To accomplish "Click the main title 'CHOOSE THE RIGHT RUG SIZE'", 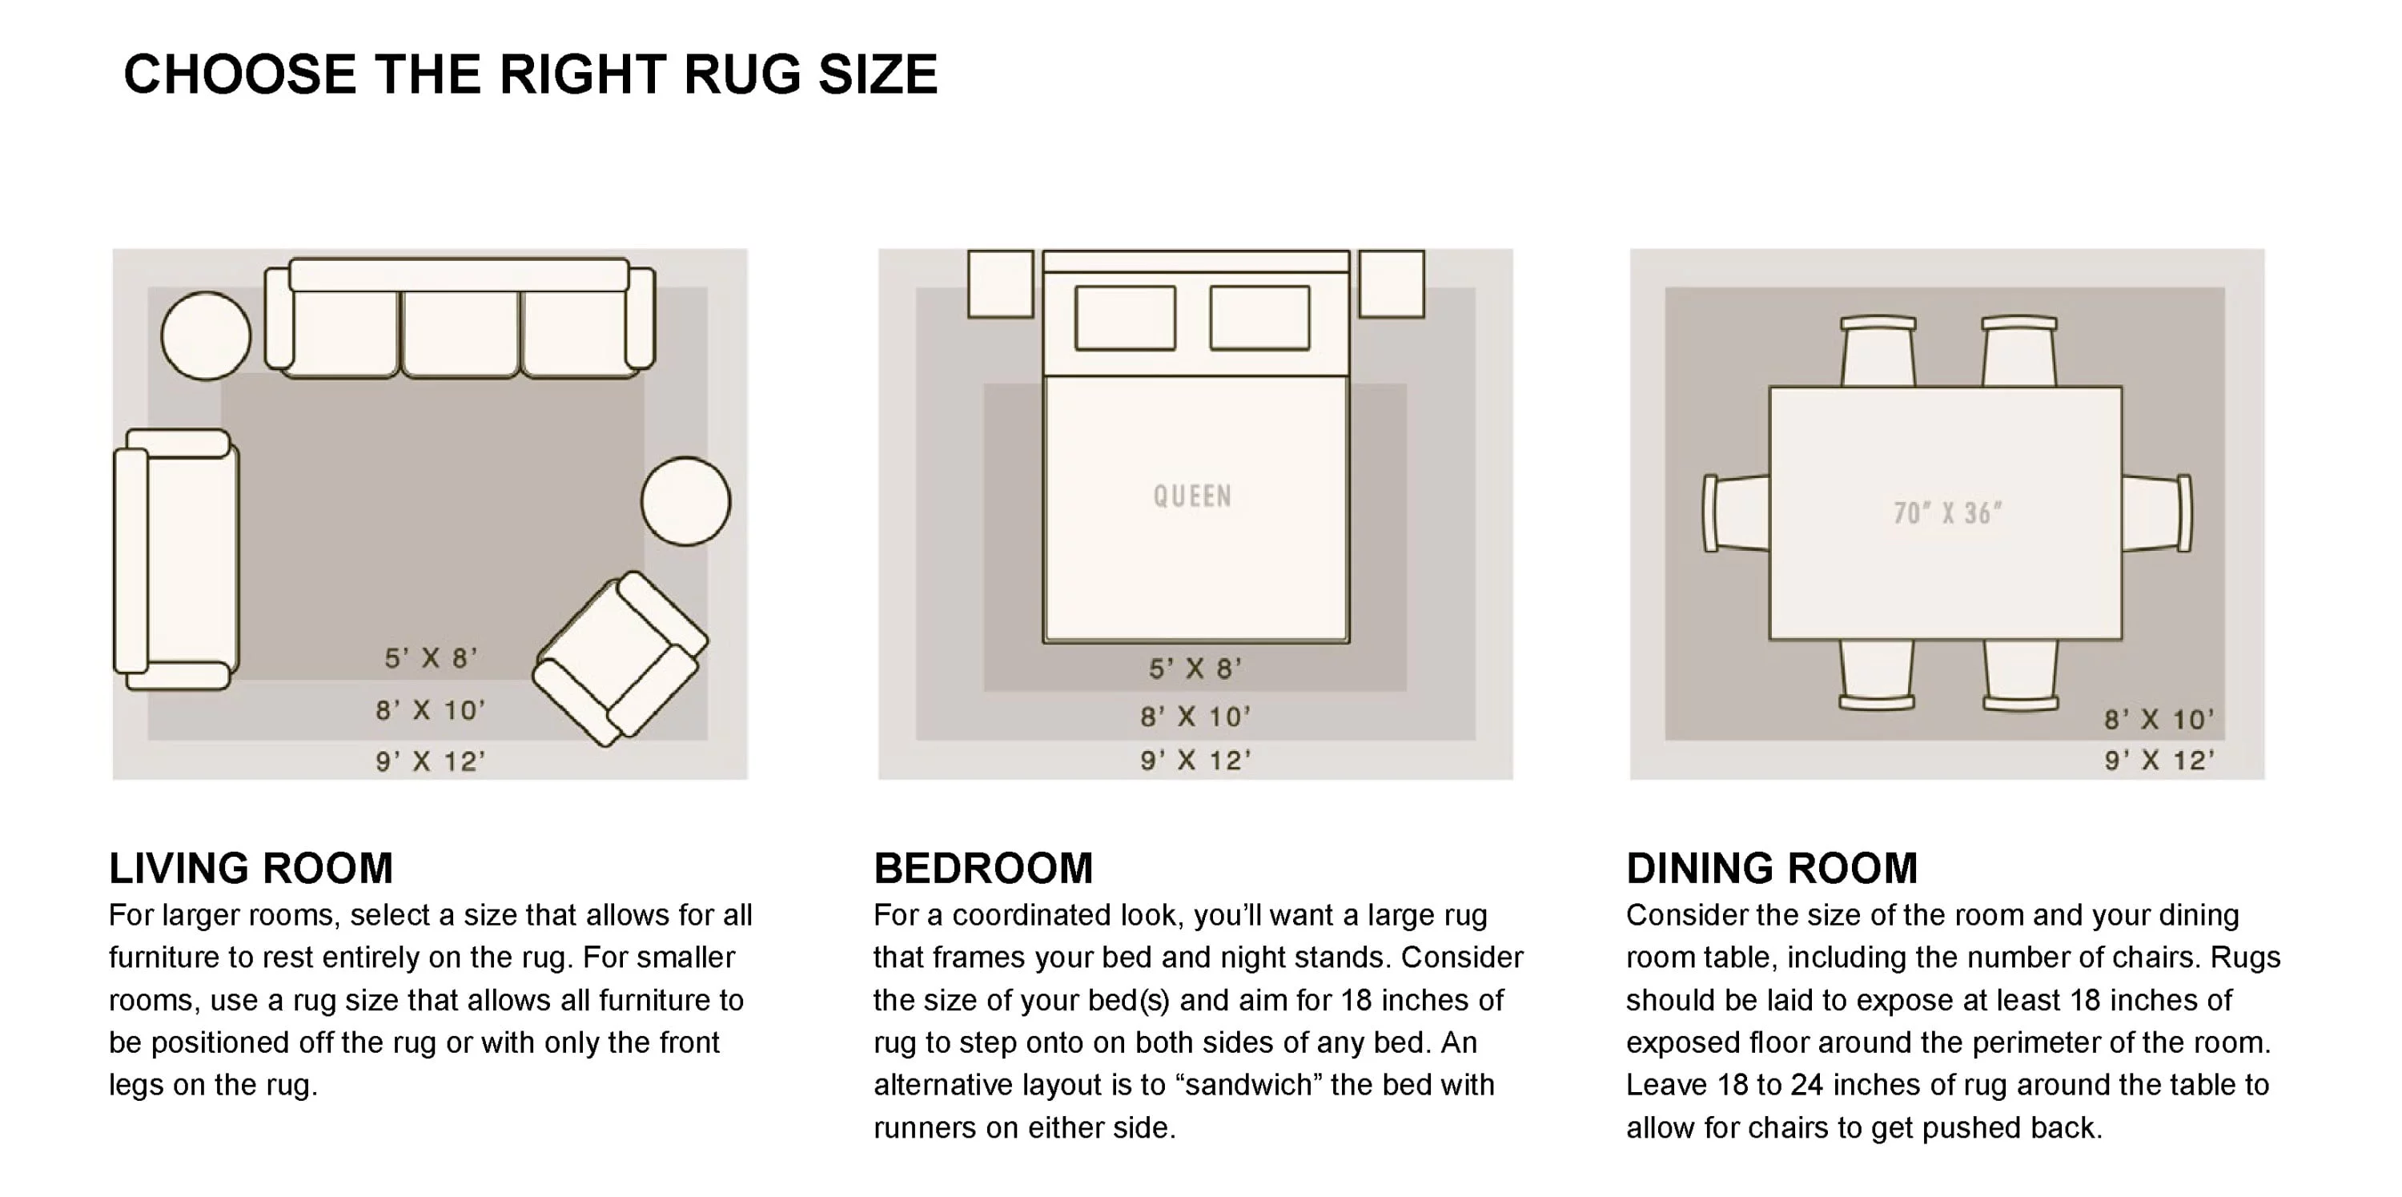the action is (x=531, y=74).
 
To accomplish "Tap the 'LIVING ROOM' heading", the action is (x=251, y=868).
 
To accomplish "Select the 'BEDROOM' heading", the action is (x=982, y=868).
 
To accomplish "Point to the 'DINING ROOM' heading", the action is (x=1772, y=868).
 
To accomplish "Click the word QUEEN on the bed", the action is (x=1193, y=496).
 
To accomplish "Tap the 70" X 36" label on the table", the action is (x=1948, y=512).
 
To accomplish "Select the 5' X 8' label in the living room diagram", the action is (x=431, y=658).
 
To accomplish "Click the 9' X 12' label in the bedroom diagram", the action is (x=1195, y=761).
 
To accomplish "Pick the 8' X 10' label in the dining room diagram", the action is (x=2159, y=720).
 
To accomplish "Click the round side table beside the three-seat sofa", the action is (x=206, y=335).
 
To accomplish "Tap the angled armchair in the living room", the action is (x=620, y=658).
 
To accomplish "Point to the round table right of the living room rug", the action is (x=685, y=501).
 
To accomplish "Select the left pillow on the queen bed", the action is (x=1126, y=318).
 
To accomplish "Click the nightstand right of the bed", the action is (x=1392, y=284).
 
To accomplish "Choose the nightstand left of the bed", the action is (x=1001, y=284).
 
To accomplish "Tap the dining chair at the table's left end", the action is (x=1736, y=512).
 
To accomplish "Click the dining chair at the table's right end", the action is (x=2158, y=512).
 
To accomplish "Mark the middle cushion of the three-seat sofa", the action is (x=460, y=334).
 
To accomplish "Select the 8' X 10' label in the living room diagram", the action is (x=431, y=710).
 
